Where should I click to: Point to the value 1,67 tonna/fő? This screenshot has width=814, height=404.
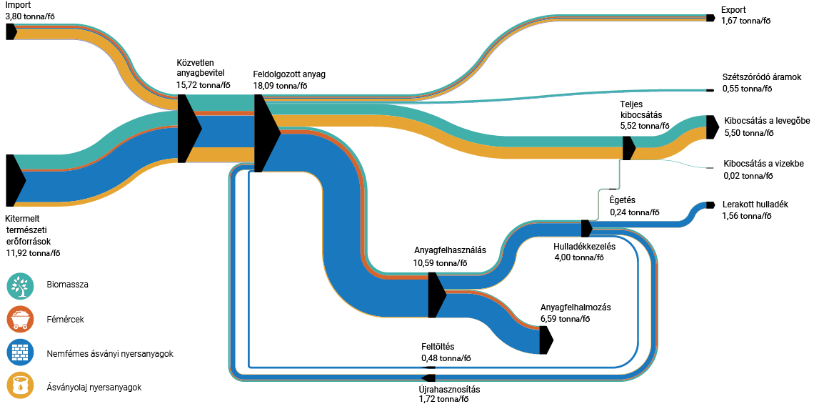(746, 21)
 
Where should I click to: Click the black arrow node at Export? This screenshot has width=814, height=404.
(710, 17)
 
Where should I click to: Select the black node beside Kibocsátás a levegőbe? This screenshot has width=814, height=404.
(711, 127)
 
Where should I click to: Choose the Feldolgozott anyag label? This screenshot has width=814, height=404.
(289, 74)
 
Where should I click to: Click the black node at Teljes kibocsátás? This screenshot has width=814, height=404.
(628, 148)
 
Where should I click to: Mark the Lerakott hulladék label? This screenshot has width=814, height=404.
(755, 204)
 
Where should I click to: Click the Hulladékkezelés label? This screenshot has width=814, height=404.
(584, 247)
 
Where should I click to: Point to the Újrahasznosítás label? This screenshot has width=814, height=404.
(449, 390)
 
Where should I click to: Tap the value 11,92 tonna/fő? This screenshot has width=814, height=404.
(33, 252)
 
